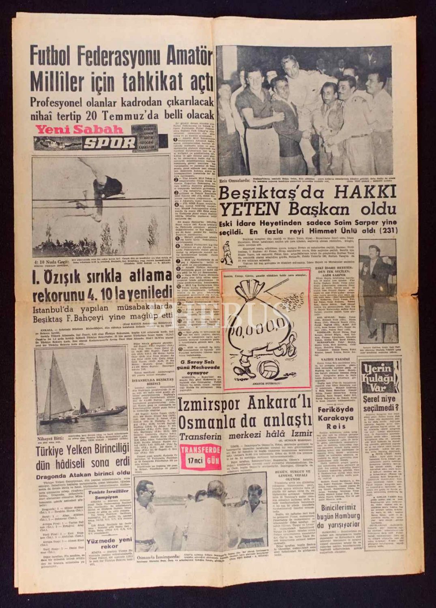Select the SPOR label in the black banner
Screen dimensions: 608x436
[109, 143]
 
